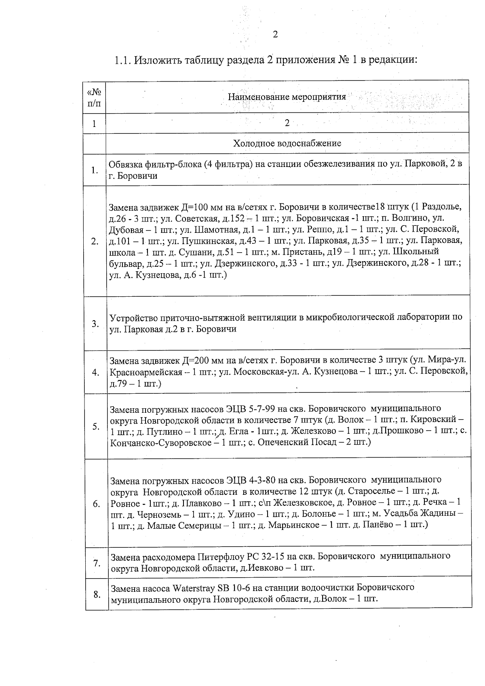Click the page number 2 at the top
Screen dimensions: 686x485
275,35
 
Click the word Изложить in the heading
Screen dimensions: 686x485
158,60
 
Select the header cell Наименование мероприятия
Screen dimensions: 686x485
287,97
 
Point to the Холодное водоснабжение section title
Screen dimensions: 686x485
287,143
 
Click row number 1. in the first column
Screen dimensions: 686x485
95,170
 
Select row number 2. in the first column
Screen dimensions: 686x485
95,242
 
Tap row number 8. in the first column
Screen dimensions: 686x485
97,594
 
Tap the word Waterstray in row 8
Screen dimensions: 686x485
194,587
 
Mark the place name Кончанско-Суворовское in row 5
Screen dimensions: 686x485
160,442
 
